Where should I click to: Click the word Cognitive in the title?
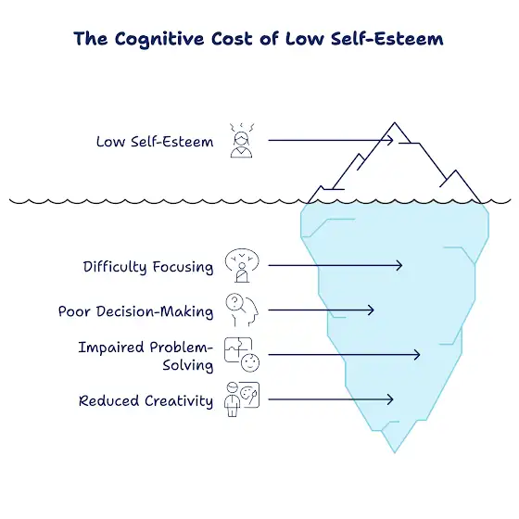tap(159, 39)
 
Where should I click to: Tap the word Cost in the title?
tap(232, 39)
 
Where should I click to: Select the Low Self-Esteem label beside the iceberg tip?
tap(155, 142)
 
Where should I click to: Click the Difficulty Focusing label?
tap(148, 267)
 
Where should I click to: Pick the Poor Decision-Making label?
tap(135, 311)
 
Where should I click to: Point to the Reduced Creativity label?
tap(146, 400)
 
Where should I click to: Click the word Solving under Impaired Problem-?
tap(187, 365)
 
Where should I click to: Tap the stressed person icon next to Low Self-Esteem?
tap(242, 140)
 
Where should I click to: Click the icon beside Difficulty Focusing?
tap(242, 265)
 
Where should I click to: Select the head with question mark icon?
tap(242, 310)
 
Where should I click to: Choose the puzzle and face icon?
tap(242, 355)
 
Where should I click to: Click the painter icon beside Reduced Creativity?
tap(242, 399)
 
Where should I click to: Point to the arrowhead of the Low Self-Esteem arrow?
tap(391, 140)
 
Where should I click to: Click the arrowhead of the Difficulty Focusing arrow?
tap(399, 265)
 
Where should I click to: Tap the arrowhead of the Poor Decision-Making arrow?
tap(372, 310)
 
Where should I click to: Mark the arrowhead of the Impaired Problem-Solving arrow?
tap(418, 355)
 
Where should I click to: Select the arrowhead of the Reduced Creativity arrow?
tap(390, 399)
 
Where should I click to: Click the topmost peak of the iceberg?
tap(395, 122)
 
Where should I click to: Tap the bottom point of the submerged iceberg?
tap(395, 452)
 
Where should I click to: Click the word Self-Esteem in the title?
tap(387, 39)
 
